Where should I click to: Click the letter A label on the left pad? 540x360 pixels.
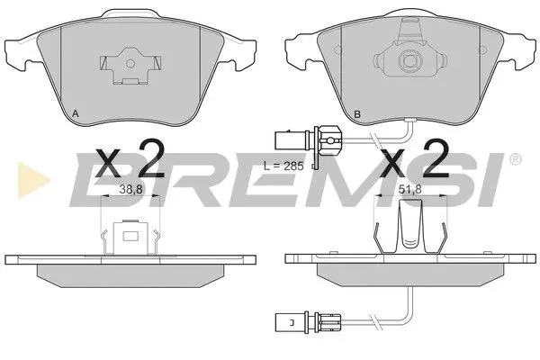tap(74, 112)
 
